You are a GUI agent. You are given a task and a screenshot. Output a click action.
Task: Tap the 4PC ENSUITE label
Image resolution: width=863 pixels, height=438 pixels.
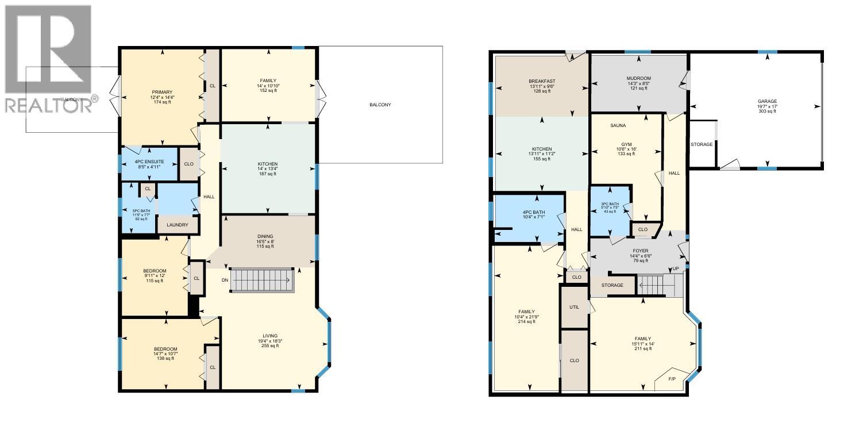[149, 162]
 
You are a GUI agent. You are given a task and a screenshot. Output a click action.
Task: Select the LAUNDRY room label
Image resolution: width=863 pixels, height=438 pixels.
[178, 225]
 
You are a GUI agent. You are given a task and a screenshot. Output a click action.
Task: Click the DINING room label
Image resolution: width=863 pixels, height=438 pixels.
[265, 236]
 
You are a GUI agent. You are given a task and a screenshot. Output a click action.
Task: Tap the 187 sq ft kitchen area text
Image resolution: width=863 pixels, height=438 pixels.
[268, 174]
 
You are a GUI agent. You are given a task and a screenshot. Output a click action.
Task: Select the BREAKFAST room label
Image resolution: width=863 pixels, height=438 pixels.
[542, 80]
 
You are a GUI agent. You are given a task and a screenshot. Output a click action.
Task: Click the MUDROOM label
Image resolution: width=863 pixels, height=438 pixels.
[638, 78]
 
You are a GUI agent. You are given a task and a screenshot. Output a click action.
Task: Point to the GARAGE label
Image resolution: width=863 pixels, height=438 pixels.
[767, 101]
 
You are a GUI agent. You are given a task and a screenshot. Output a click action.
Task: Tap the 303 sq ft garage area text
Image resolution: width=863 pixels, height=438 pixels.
[767, 111]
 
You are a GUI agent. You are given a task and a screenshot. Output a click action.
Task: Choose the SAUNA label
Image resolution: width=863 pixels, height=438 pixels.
[618, 125]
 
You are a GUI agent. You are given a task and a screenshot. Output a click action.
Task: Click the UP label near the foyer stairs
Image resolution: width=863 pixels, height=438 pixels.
[675, 269]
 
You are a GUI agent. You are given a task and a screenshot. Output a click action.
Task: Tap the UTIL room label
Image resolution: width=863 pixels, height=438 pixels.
[575, 307]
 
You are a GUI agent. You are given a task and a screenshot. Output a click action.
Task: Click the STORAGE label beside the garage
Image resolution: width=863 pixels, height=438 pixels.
[702, 144]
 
